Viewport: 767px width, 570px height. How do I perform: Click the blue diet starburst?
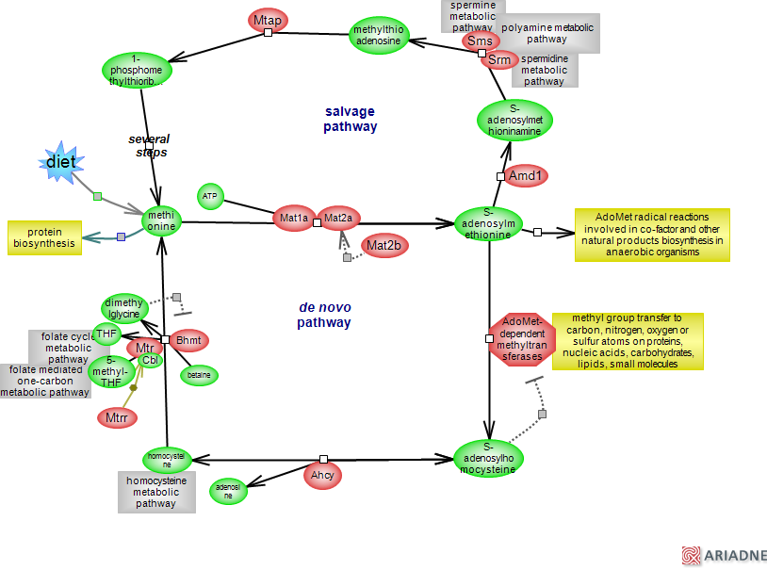point(59,163)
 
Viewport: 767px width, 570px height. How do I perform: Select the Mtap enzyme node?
point(269,21)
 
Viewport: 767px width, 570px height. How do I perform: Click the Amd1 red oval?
point(526,175)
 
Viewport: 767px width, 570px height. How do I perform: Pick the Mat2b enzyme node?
point(384,246)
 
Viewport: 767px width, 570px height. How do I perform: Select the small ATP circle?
point(210,196)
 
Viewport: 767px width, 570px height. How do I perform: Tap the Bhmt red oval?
point(191,340)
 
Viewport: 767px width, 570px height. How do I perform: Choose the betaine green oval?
point(199,375)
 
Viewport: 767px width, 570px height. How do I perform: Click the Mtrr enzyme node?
point(118,416)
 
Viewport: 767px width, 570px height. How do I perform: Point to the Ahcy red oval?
point(322,476)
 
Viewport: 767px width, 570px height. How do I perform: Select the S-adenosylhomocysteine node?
point(488,458)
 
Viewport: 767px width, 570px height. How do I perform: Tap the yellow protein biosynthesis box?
point(44,237)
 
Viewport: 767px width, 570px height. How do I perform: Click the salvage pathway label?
point(351,119)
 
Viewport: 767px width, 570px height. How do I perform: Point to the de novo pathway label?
point(324,315)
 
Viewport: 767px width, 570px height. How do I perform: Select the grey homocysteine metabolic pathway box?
point(156,492)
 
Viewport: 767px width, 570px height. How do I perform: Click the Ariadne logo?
point(724,556)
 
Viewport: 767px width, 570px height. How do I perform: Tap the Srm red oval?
point(499,60)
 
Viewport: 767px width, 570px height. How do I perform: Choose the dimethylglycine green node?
point(124,308)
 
